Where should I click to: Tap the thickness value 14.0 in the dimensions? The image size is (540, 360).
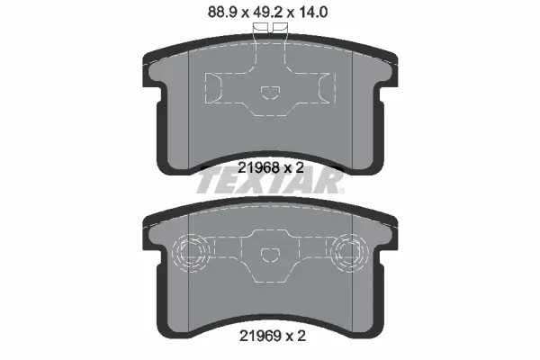pyautogui.click(x=312, y=13)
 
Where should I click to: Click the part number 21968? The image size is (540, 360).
pyautogui.click(x=258, y=167)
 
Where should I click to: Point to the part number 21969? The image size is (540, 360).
pyautogui.click(x=260, y=336)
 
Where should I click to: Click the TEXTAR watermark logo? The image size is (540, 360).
pyautogui.click(x=270, y=183)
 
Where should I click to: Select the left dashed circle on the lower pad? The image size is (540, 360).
pyautogui.click(x=191, y=253)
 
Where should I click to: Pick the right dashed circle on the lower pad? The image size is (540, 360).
pyautogui.click(x=349, y=253)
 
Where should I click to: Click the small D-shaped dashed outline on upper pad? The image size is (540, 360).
pyautogui.click(x=270, y=93)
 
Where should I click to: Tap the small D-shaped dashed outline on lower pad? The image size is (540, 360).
pyautogui.click(x=270, y=254)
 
